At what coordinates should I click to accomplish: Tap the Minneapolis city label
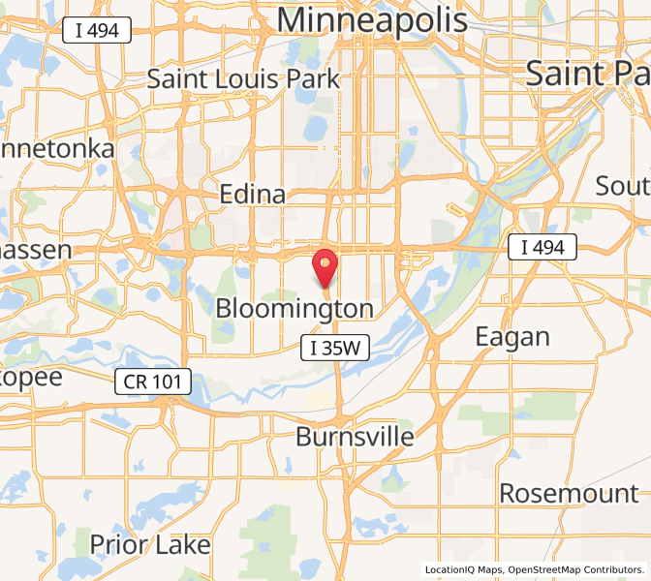pyautogui.click(x=372, y=20)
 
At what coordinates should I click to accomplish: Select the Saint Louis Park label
pyautogui.click(x=243, y=78)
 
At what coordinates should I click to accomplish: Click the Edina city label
pyautogui.click(x=253, y=195)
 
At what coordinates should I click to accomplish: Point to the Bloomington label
pyautogui.click(x=294, y=309)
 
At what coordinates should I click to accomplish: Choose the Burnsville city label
pyautogui.click(x=355, y=437)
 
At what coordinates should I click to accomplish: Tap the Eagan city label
pyautogui.click(x=512, y=337)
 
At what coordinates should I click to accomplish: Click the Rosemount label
pyautogui.click(x=569, y=493)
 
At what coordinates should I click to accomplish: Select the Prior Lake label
pyautogui.click(x=150, y=544)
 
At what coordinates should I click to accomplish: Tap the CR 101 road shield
pyautogui.click(x=152, y=382)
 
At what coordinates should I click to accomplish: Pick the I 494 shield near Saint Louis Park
pyautogui.click(x=96, y=31)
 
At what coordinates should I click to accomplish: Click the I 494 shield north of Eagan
pyautogui.click(x=542, y=248)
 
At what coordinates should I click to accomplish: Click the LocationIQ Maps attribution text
pyautogui.click(x=463, y=569)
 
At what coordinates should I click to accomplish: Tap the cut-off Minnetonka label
pyautogui.click(x=57, y=149)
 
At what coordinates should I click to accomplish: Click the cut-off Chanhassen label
pyautogui.click(x=36, y=250)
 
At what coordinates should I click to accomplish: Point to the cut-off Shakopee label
pyautogui.click(x=31, y=376)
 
